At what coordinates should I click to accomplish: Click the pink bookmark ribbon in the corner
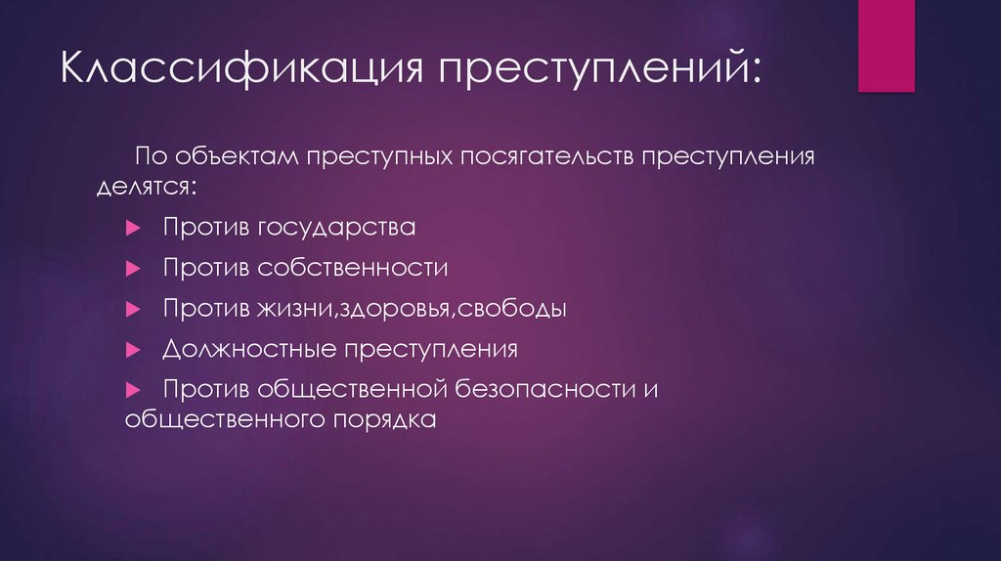tap(886, 46)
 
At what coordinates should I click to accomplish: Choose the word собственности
tap(352, 268)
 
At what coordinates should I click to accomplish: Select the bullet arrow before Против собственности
tap(134, 268)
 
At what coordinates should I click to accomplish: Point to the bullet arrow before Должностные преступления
tap(134, 349)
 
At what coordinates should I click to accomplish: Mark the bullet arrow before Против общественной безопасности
tap(134, 389)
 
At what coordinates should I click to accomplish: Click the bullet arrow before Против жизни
tap(134, 309)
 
